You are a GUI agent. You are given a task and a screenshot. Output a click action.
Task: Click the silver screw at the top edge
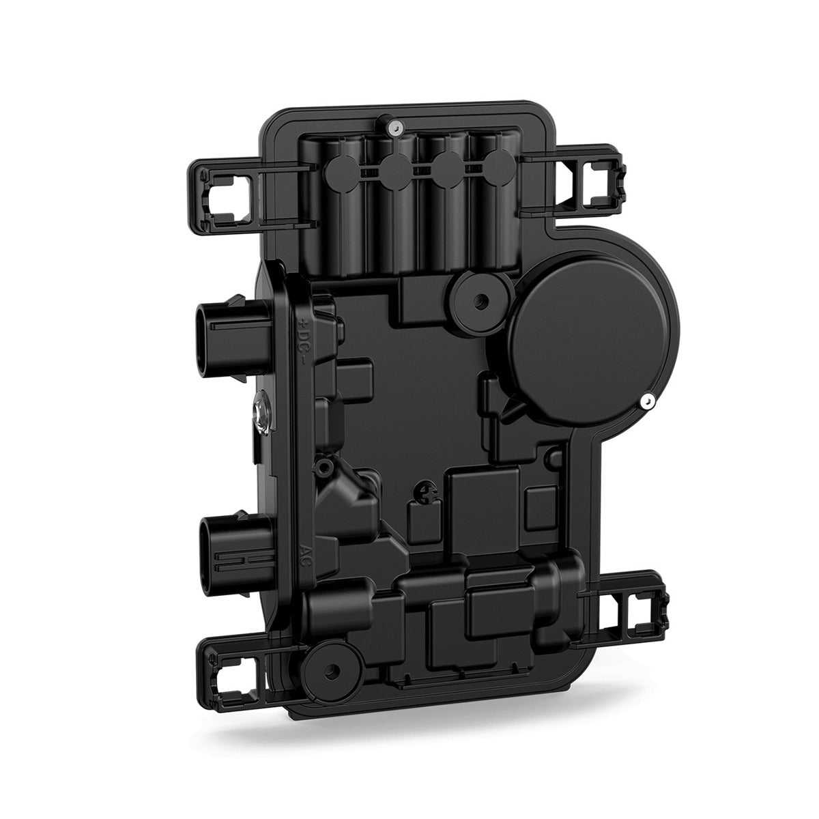click(394, 124)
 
